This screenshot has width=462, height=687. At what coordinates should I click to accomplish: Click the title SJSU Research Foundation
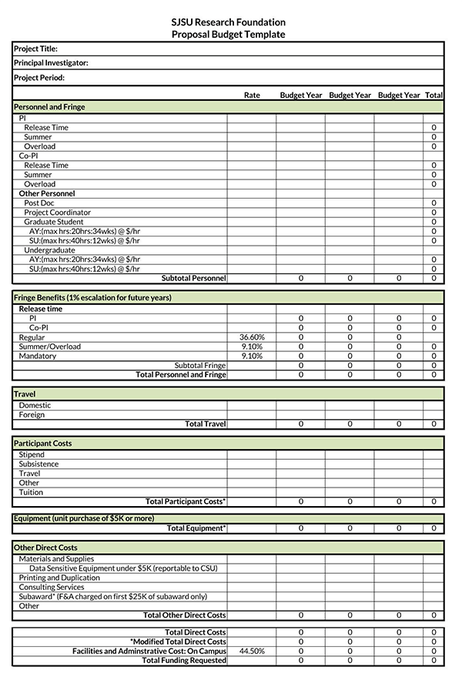coord(228,22)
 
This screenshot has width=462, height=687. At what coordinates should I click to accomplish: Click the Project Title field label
coord(35,49)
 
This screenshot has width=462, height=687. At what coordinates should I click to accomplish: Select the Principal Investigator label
coord(51,63)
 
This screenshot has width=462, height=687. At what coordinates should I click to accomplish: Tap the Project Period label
coord(39,78)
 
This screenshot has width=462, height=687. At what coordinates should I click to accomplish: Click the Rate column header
coord(252,96)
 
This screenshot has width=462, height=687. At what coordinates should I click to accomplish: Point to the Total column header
coord(434,96)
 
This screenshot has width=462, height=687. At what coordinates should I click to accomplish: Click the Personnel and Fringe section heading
coord(49,107)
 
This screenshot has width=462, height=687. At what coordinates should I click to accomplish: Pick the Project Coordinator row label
coord(57,213)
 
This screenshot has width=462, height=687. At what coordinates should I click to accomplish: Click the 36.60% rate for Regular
coord(252,337)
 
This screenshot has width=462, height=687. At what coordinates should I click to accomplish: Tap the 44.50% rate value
coord(252,651)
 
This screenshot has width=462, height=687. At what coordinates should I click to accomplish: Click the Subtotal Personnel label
coord(193,278)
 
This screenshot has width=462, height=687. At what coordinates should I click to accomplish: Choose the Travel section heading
coord(25,394)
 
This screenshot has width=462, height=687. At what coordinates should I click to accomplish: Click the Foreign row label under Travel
coord(32,415)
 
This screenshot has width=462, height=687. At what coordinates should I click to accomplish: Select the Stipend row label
coord(32,455)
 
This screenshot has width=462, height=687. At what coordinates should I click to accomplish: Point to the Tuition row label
coord(31,492)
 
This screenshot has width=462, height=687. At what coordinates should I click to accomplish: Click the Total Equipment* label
coord(196,528)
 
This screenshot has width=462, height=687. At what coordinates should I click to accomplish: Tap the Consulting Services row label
coord(52,587)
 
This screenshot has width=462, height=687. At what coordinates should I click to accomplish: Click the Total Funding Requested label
coord(184,660)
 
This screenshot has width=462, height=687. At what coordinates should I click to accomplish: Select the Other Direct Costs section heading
coord(45,548)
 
